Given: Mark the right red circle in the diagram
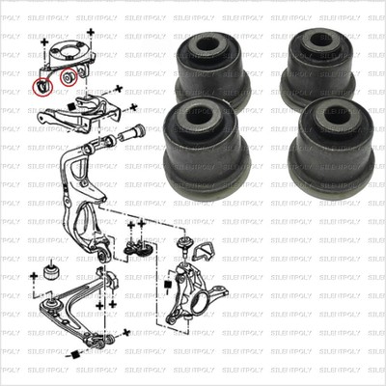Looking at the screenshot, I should pos(69,75).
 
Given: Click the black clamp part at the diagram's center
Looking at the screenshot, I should pos(137,249).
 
